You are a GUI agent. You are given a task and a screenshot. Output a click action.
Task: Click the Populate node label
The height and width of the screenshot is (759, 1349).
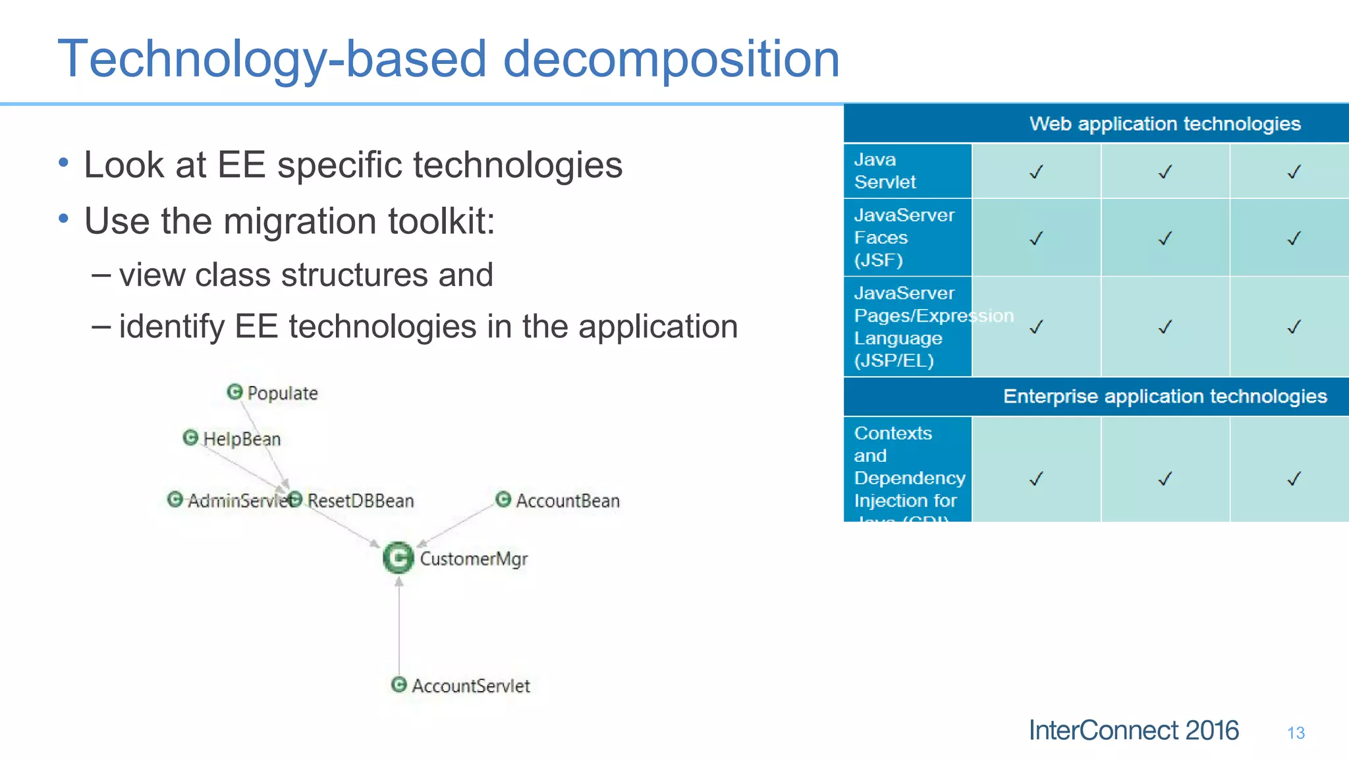pyautogui.click(x=282, y=393)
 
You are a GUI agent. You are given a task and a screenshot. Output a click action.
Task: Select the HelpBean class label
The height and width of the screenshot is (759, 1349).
pyautogui.click(x=241, y=439)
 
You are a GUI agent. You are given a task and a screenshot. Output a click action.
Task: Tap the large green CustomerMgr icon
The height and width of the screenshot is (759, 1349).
pyautogui.click(x=399, y=558)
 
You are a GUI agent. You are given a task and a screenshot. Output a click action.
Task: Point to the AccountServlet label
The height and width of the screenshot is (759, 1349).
pyautogui.click(x=470, y=686)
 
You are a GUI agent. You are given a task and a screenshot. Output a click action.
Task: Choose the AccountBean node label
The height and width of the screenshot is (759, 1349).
pyautogui.click(x=567, y=501)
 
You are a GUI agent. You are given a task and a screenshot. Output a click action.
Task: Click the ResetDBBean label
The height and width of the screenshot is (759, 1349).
pyautogui.click(x=360, y=501)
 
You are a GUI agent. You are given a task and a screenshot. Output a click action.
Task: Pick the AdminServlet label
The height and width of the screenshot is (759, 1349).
pyautogui.click(x=237, y=501)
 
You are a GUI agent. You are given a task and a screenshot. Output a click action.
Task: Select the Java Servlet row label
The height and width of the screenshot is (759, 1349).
pyautogui.click(x=885, y=171)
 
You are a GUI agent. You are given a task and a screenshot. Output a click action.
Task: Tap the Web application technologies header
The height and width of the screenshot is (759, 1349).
pyautogui.click(x=1165, y=124)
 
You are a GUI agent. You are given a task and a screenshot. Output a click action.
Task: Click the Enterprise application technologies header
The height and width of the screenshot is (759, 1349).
pyautogui.click(x=1165, y=397)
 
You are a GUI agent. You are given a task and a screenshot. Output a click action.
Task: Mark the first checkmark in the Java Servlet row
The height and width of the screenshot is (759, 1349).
pyautogui.click(x=1036, y=172)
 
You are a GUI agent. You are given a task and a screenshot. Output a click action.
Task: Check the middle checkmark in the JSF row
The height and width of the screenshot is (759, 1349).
pyautogui.click(x=1165, y=238)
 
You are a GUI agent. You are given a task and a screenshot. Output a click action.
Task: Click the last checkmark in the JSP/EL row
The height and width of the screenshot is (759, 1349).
pyautogui.click(x=1294, y=327)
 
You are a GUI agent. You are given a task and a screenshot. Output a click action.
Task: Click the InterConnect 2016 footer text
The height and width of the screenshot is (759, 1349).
pyautogui.click(x=1133, y=731)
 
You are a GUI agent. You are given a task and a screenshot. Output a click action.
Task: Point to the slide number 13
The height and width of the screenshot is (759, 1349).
pyautogui.click(x=1296, y=733)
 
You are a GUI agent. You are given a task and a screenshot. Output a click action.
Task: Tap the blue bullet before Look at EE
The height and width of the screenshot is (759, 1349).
pyautogui.click(x=63, y=162)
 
